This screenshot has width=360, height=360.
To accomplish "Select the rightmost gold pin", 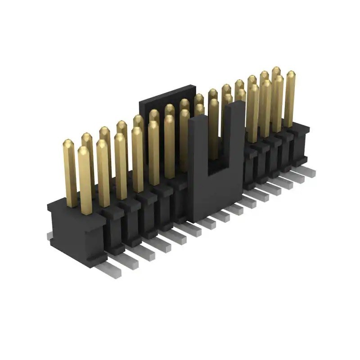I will click(x=290, y=99).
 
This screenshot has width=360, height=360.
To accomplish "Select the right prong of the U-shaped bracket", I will click(x=234, y=135).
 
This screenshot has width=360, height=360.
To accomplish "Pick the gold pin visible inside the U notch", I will click(x=214, y=130).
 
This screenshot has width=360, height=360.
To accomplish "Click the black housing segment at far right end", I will click(x=299, y=144).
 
